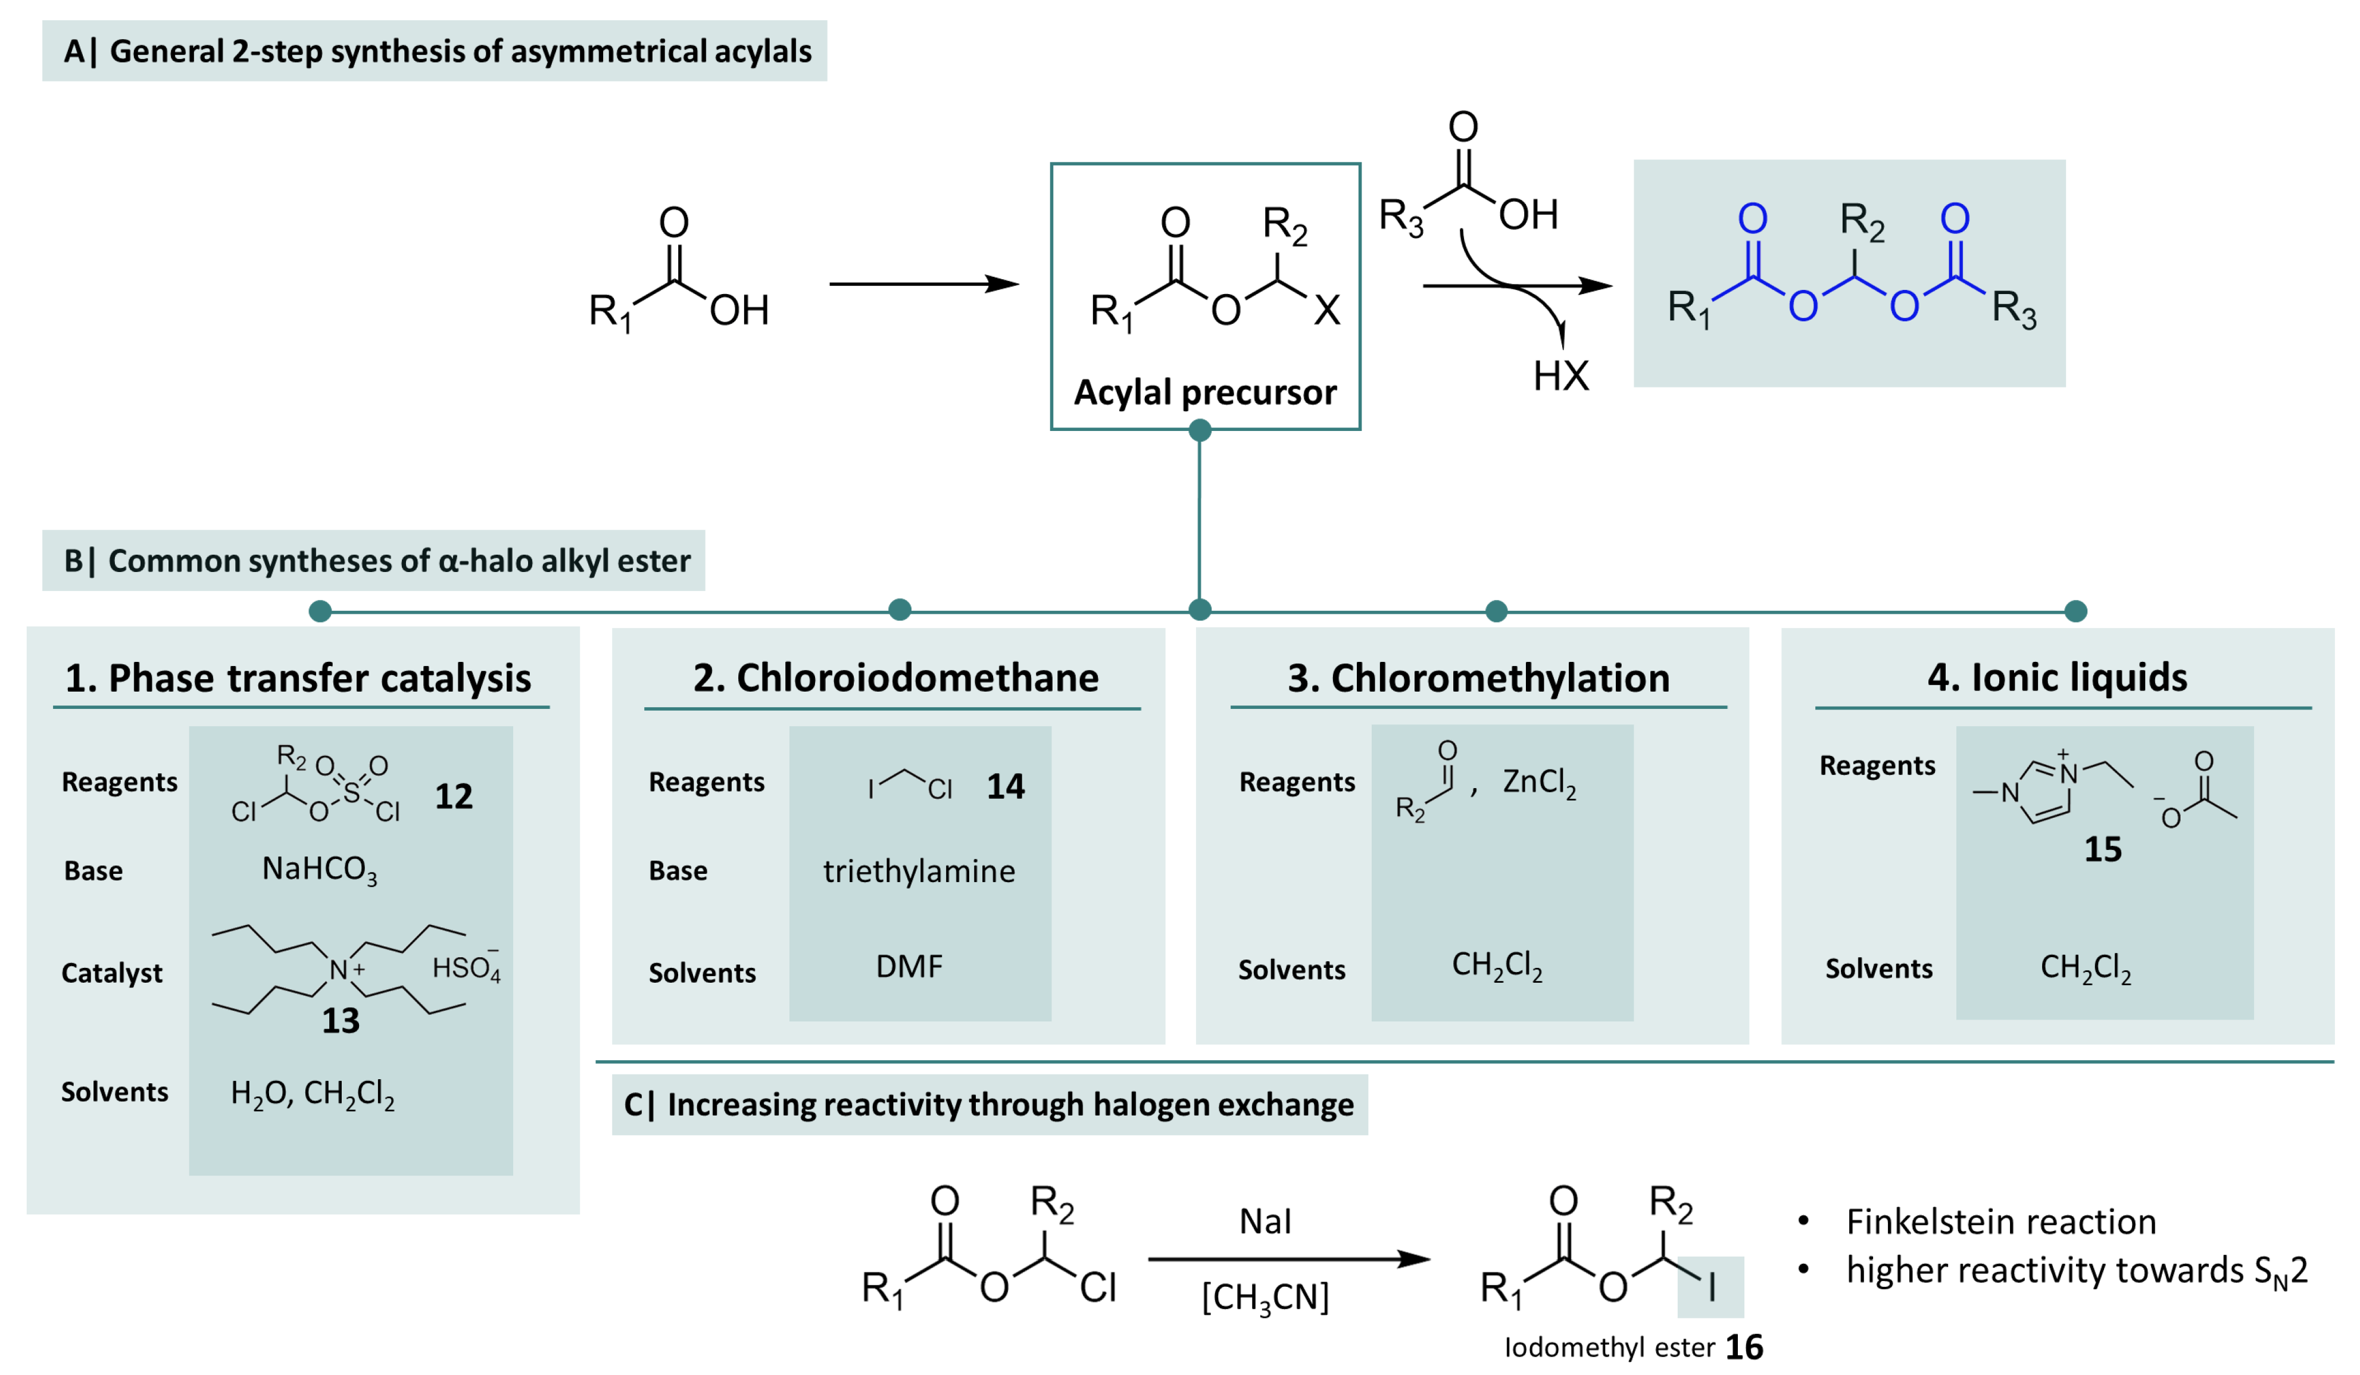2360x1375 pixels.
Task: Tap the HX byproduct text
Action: click(1560, 376)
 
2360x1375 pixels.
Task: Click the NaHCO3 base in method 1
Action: click(319, 870)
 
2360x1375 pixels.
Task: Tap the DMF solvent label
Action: click(909, 966)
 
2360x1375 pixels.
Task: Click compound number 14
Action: click(1005, 786)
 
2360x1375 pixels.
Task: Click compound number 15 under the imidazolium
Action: click(2102, 849)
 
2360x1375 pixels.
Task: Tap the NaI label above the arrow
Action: click(1265, 1221)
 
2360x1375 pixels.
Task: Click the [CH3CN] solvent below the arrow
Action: click(1265, 1297)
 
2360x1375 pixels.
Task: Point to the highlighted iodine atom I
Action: click(1711, 1287)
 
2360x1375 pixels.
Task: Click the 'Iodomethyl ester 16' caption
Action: click(1633, 1347)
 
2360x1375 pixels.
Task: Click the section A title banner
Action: click(435, 51)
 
